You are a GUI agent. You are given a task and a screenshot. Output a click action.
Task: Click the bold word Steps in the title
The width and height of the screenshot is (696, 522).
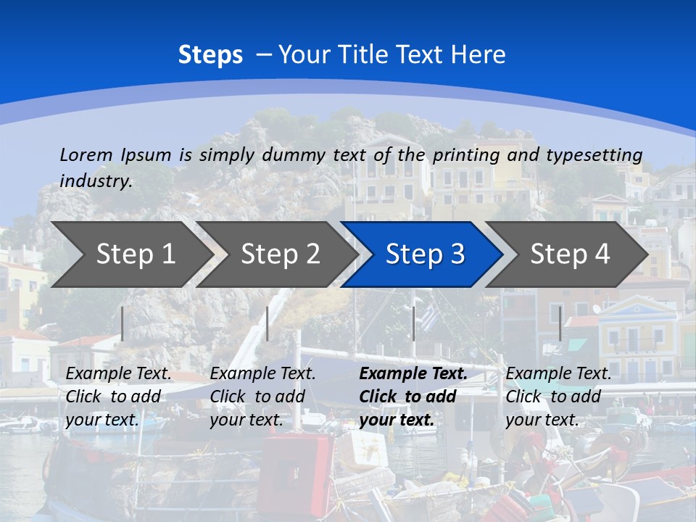point(210,55)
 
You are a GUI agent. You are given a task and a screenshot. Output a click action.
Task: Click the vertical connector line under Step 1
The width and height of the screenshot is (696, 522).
point(123,323)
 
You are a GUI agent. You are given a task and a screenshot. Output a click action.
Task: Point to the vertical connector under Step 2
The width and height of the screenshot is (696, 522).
point(268,323)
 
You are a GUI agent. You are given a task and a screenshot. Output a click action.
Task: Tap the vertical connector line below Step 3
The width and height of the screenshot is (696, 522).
point(413,323)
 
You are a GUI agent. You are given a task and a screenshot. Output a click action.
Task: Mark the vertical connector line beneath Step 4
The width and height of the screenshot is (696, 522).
point(560,323)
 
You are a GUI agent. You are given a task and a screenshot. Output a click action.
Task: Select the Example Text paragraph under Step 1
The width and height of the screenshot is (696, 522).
point(118,397)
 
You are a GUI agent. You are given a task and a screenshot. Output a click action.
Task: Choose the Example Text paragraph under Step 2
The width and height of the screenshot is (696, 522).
point(262,397)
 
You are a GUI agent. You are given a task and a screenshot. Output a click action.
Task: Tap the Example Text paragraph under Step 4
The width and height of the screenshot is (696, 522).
point(558,397)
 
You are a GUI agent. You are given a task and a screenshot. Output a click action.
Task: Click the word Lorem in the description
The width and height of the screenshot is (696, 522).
point(86,154)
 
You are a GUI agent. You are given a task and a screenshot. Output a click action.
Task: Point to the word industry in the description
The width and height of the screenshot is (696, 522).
point(96,181)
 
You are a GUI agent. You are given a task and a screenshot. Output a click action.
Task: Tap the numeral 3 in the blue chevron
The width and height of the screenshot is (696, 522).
point(456,254)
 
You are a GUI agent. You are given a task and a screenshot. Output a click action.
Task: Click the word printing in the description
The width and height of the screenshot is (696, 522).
point(466,154)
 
